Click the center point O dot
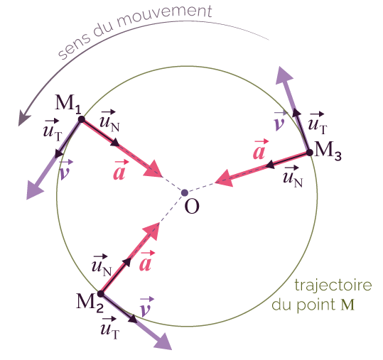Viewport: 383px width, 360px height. [x=185, y=193]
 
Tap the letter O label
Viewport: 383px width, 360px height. [x=192, y=206]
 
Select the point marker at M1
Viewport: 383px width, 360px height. [x=81, y=119]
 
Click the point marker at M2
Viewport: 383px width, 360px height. [x=101, y=294]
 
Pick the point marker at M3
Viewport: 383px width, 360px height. [x=310, y=153]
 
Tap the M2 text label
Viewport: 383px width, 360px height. [x=90, y=303]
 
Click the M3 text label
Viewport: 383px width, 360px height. [x=328, y=151]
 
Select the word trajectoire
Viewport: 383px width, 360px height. [x=333, y=285]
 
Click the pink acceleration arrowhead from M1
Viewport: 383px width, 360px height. [x=153, y=169]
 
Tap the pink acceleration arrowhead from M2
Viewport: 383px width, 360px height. [x=151, y=231]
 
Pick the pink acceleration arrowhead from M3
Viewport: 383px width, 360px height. [x=225, y=178]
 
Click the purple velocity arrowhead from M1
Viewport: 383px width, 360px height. [x=34, y=190]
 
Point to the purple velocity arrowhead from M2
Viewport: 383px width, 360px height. [x=163, y=342]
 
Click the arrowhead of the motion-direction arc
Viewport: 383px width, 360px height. [x=23, y=118]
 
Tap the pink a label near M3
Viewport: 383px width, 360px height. [x=259, y=150]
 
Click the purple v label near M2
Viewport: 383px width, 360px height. [x=146, y=307]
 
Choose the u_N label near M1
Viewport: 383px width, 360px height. [x=109, y=121]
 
